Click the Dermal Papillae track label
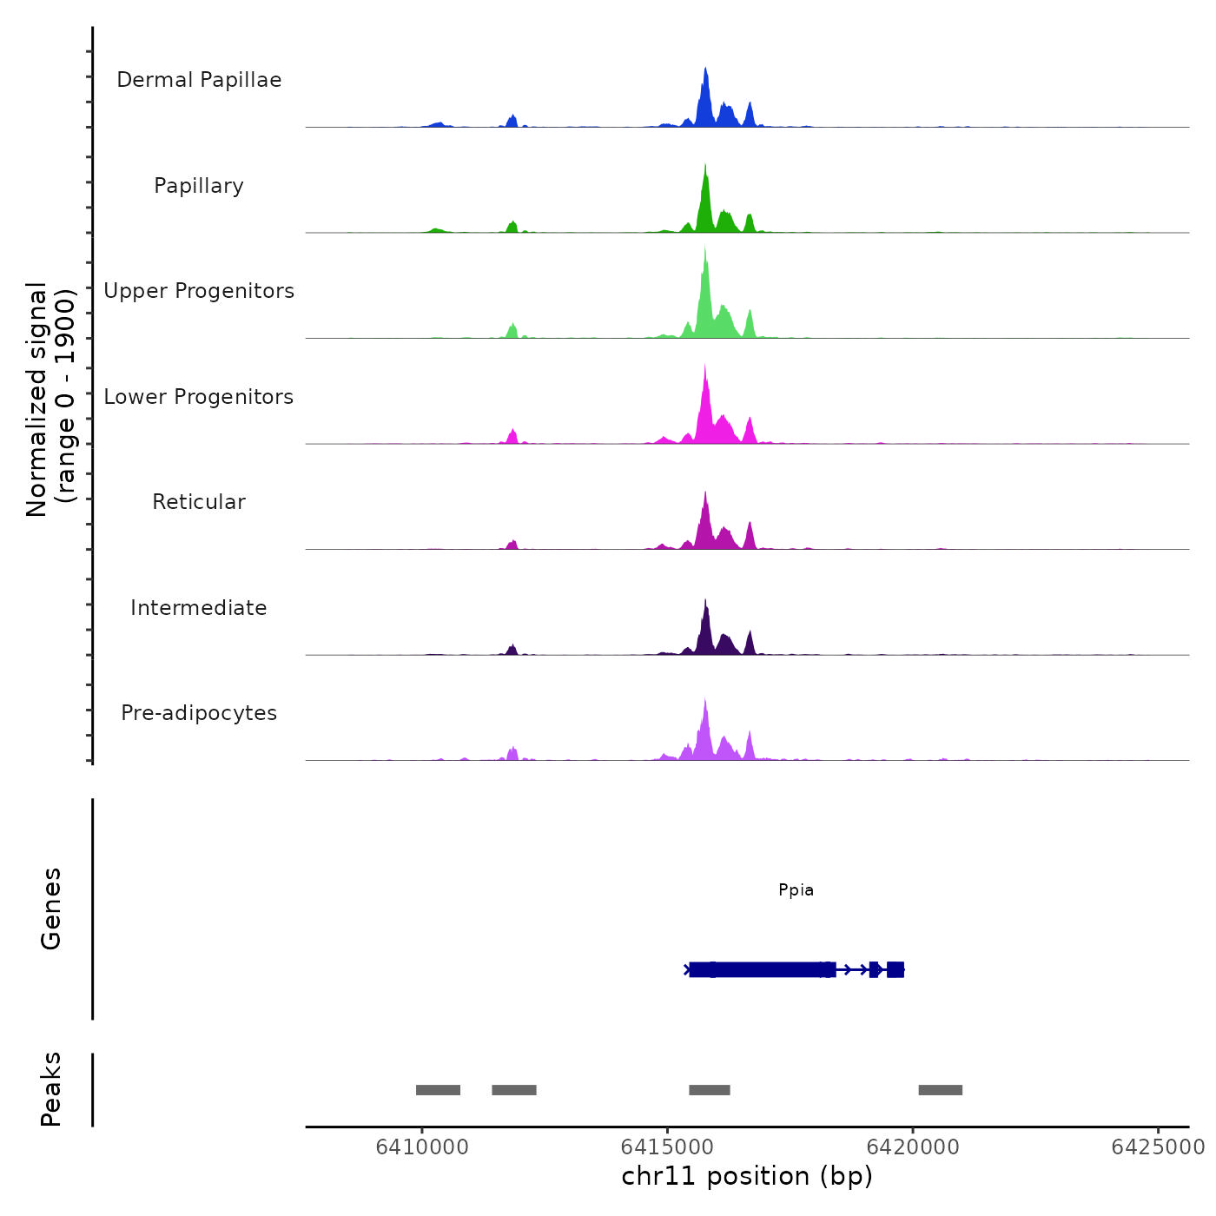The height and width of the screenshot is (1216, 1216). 199,80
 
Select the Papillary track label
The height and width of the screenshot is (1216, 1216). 199,186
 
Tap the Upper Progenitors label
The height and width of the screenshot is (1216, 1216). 199,291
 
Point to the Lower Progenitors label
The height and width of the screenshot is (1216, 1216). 199,397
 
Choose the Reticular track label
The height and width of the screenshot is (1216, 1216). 199,502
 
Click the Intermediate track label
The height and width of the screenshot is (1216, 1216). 199,608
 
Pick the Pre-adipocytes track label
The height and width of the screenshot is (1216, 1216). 199,713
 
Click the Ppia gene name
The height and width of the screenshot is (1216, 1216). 796,889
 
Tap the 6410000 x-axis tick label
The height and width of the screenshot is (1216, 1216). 422,1147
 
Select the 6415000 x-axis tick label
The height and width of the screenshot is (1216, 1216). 667,1147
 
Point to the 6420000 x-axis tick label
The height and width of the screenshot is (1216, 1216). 913,1147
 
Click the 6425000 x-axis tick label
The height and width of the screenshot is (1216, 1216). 1158,1147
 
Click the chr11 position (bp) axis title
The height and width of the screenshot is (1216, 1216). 747,1176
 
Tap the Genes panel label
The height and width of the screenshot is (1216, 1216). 51,909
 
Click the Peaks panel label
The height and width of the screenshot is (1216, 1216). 51,1089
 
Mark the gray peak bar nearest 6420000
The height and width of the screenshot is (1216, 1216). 941,1090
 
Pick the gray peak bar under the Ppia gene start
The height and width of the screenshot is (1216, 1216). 710,1090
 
